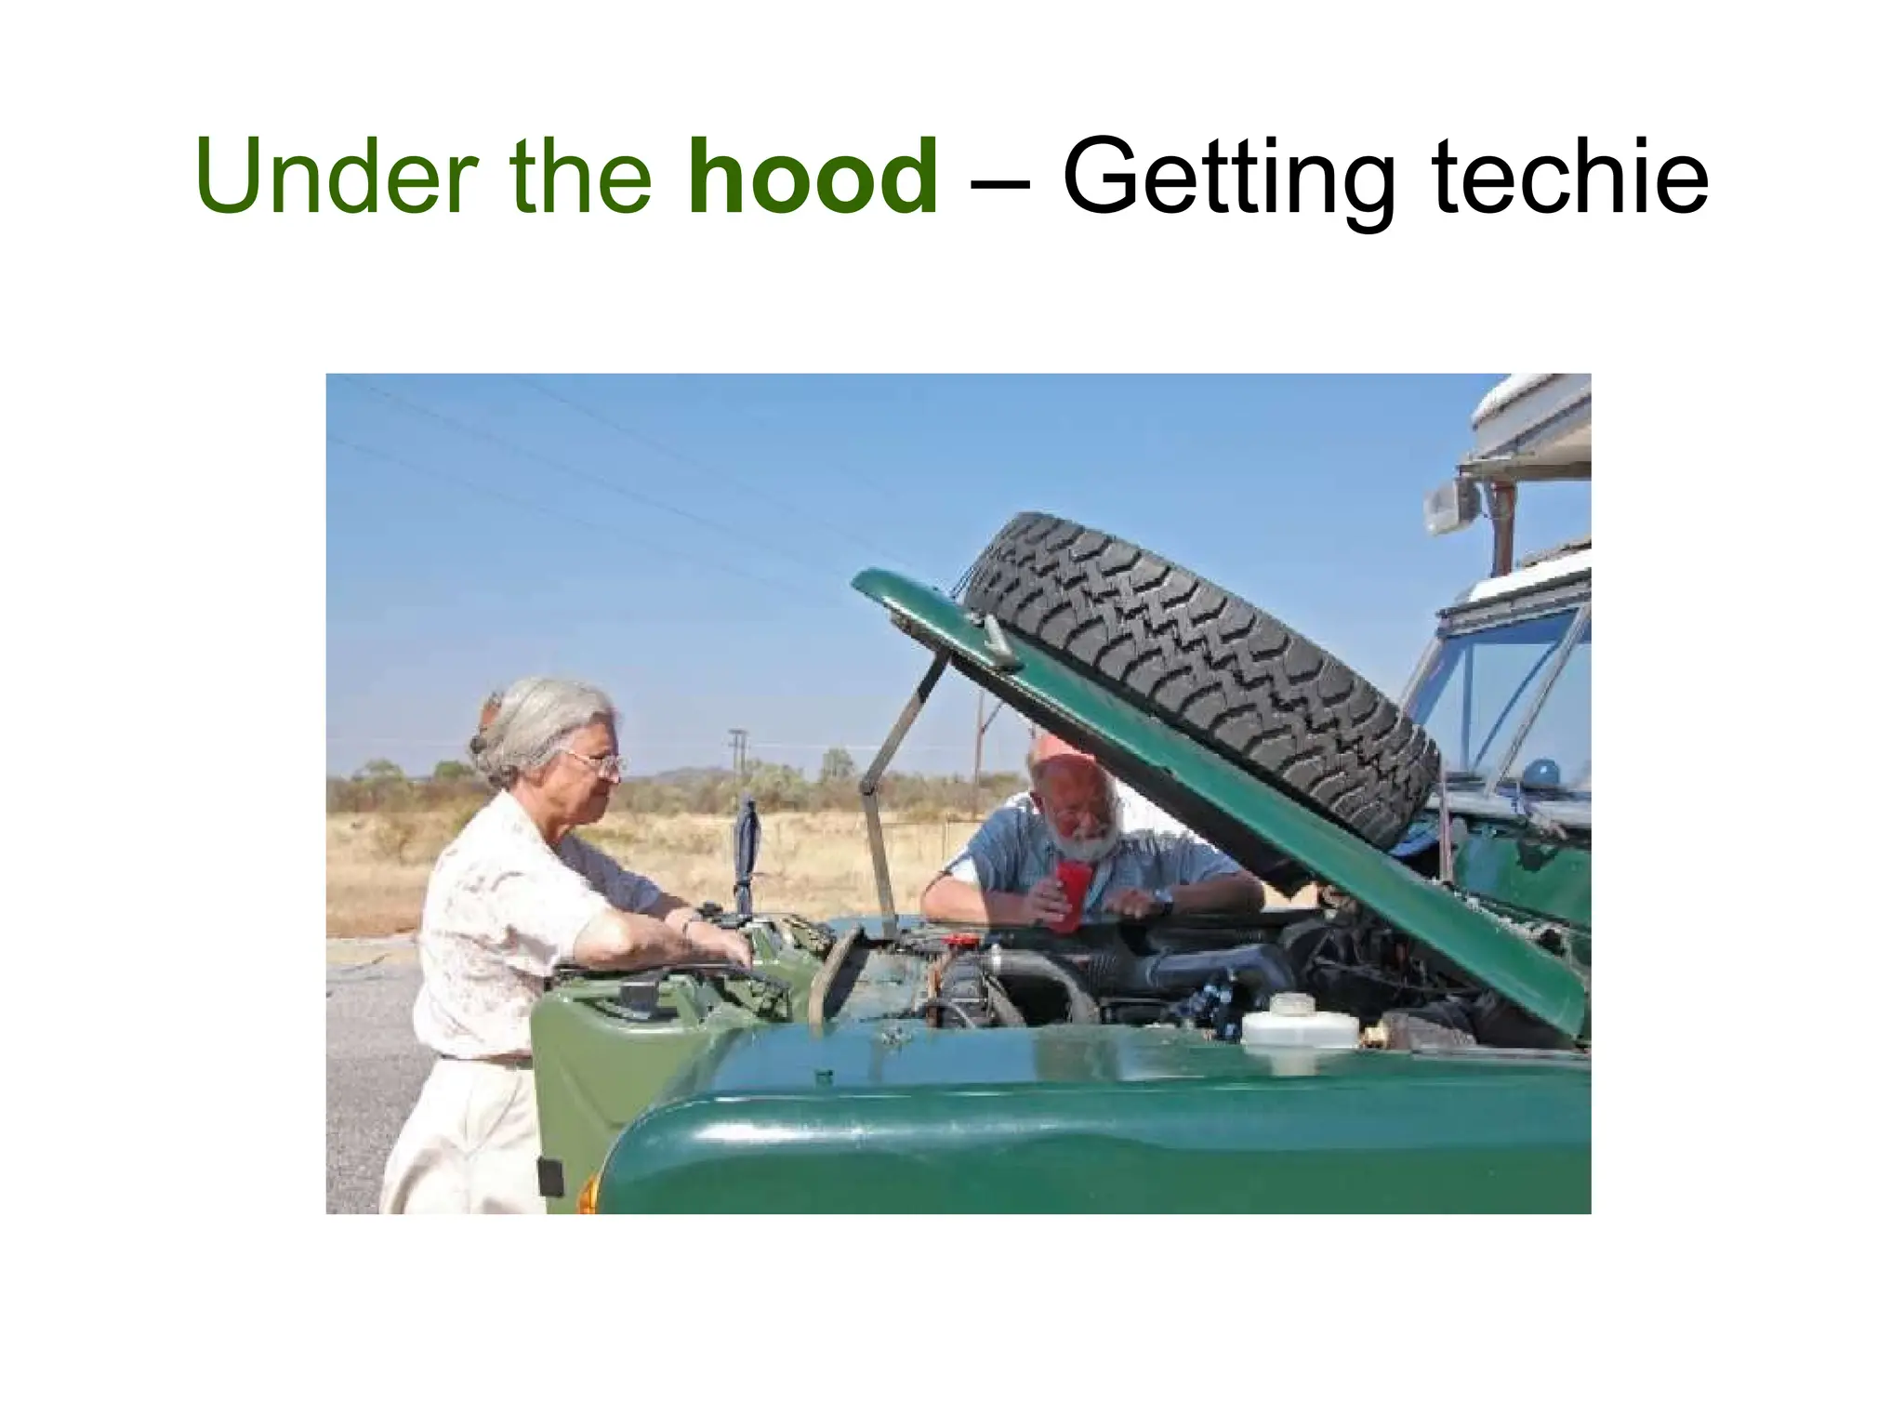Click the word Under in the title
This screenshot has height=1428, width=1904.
pos(336,177)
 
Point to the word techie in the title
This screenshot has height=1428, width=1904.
pos(1570,177)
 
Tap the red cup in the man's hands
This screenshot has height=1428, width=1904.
pos(1069,892)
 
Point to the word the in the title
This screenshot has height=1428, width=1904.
pos(580,177)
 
